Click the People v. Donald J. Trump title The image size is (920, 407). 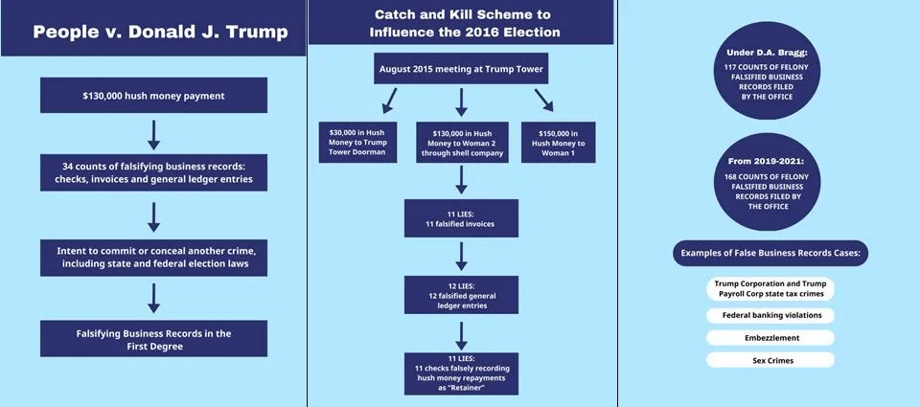(x=160, y=32)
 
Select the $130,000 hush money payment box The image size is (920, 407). (x=153, y=97)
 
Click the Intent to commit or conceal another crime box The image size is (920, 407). (x=153, y=256)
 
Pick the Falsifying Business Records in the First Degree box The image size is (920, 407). (x=153, y=339)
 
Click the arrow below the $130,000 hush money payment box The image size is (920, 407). (x=153, y=134)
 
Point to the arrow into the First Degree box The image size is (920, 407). (x=153, y=298)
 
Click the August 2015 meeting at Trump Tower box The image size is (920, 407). (x=461, y=69)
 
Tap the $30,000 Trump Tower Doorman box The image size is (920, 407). (x=357, y=142)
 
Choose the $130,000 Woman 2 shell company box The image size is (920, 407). (x=461, y=142)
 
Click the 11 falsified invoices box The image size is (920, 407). (x=461, y=217)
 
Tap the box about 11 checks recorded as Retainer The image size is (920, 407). (x=461, y=373)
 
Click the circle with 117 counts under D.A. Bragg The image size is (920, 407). (x=766, y=78)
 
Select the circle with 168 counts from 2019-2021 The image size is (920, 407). (x=766, y=183)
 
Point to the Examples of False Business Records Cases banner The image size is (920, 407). (x=770, y=253)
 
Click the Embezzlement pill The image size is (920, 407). (x=770, y=337)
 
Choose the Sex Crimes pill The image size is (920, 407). (x=770, y=360)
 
